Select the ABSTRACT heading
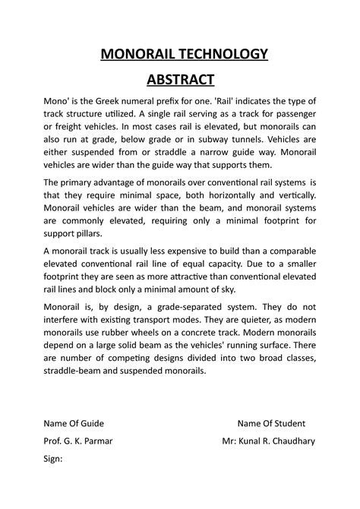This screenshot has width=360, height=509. pos(179,80)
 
